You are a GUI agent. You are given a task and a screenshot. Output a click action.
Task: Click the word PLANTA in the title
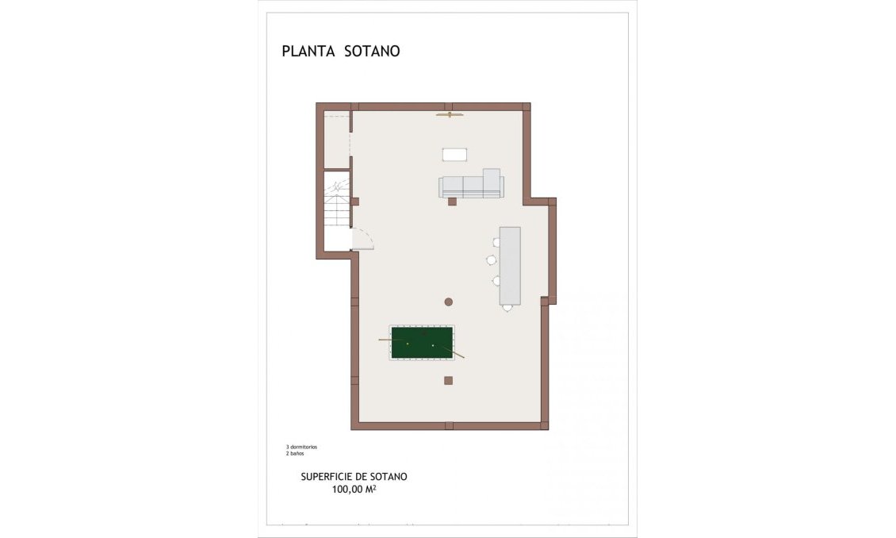click(308, 52)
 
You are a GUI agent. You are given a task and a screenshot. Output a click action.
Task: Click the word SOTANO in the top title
click(372, 52)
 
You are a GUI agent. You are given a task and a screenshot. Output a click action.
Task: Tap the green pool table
click(421, 343)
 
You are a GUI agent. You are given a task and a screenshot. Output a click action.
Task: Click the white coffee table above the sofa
click(454, 154)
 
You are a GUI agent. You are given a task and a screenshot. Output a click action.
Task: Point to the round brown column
click(448, 302)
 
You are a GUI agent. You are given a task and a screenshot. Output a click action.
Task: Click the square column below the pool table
click(448, 381)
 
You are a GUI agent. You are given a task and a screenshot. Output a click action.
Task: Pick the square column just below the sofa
click(452, 202)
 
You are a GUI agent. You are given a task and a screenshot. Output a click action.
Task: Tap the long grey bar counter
click(510, 266)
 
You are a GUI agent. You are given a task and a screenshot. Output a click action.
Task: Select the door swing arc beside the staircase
click(363, 238)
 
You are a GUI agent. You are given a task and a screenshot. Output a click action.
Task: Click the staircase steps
click(336, 208)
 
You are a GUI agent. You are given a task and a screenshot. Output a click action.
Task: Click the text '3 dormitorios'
click(301, 447)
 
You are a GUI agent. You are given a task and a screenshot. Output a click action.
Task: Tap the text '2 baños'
click(295, 454)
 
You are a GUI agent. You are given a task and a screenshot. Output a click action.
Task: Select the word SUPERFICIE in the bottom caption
click(327, 477)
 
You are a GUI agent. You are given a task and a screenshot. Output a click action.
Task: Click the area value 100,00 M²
click(354, 490)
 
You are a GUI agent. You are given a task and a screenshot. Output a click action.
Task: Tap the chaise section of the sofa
click(492, 182)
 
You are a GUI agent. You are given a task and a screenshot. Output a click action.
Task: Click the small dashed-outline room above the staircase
click(337, 141)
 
